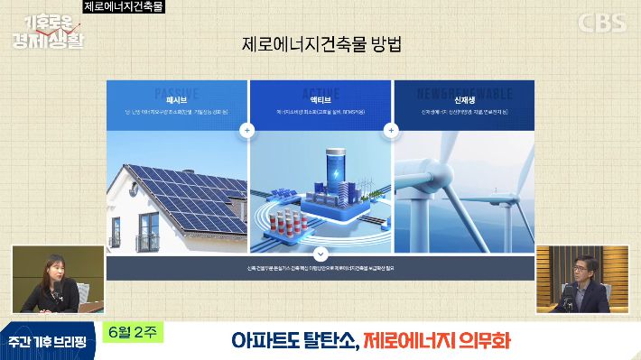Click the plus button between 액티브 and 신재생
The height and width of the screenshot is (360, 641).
point(392,130)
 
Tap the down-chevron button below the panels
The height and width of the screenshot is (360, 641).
point(320,255)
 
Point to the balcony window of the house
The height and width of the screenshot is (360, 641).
point(146,239)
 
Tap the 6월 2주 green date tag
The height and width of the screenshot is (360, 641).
point(133,331)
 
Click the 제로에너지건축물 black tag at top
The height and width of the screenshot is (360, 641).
point(124,6)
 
